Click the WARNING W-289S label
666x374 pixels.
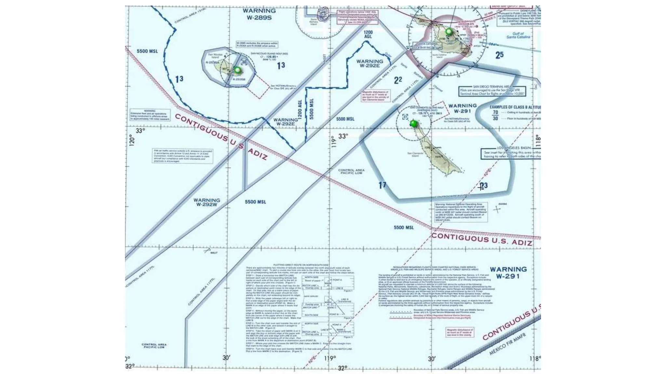click(x=259, y=14)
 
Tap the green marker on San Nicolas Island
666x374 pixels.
click(x=238, y=70)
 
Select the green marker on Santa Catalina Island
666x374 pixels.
click(x=449, y=31)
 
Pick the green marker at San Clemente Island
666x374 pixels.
click(x=413, y=123)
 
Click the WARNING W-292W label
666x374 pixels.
click(x=207, y=202)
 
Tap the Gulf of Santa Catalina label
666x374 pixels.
click(x=518, y=35)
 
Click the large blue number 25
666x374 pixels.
click(x=499, y=55)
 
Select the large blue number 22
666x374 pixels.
click(x=398, y=80)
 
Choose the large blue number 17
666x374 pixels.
click(x=382, y=185)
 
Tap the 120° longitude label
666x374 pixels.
click(x=132, y=141)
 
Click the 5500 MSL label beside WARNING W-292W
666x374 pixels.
click(x=255, y=202)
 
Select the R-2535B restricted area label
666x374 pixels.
click(x=239, y=79)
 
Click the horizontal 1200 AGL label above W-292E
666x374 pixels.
click(x=368, y=34)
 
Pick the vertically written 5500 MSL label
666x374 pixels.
click(x=312, y=109)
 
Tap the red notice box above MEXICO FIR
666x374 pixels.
click(x=460, y=332)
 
